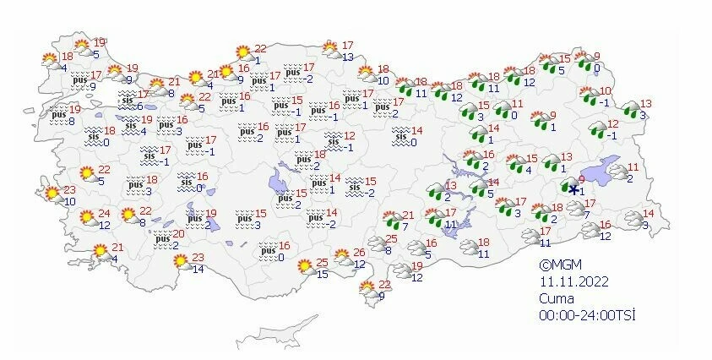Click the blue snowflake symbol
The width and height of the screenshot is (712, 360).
click(x=573, y=190)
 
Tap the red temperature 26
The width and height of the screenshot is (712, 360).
click(x=358, y=253)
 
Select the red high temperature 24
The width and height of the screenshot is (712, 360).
click(x=104, y=214)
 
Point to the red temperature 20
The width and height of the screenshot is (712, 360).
click(x=178, y=235)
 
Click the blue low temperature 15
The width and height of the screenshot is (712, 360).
click(x=322, y=274)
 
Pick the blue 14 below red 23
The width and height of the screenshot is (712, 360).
click(x=198, y=270)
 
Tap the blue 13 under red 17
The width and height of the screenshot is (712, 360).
click(x=348, y=57)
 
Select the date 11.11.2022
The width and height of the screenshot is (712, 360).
click(x=574, y=281)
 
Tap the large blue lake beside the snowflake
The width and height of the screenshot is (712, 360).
click(x=600, y=173)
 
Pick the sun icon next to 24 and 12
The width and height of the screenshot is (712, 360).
click(x=87, y=218)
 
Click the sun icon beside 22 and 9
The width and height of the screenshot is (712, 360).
click(x=368, y=289)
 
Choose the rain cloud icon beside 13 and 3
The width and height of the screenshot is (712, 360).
click(x=630, y=109)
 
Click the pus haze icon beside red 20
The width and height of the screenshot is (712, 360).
click(x=162, y=240)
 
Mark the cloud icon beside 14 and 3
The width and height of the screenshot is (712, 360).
click(x=633, y=219)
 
